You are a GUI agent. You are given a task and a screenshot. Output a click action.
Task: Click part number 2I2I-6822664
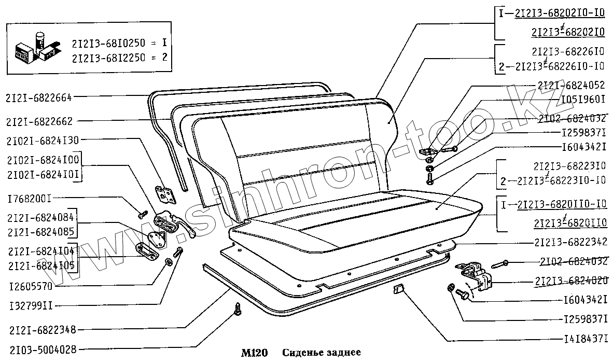(39, 97)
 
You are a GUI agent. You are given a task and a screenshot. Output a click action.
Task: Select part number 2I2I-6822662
(39, 122)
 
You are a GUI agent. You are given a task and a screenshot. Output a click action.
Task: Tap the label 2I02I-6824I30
(43, 140)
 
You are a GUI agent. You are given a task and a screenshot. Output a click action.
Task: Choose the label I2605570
(31, 286)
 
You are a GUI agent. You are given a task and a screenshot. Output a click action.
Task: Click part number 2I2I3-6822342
(570, 242)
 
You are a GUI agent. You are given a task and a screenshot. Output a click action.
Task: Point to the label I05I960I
(583, 98)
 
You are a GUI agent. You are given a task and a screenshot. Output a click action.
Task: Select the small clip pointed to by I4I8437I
(398, 289)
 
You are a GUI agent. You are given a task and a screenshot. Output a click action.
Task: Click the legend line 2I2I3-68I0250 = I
(121, 43)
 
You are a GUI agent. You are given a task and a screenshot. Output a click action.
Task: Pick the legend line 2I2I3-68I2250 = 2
(121, 58)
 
